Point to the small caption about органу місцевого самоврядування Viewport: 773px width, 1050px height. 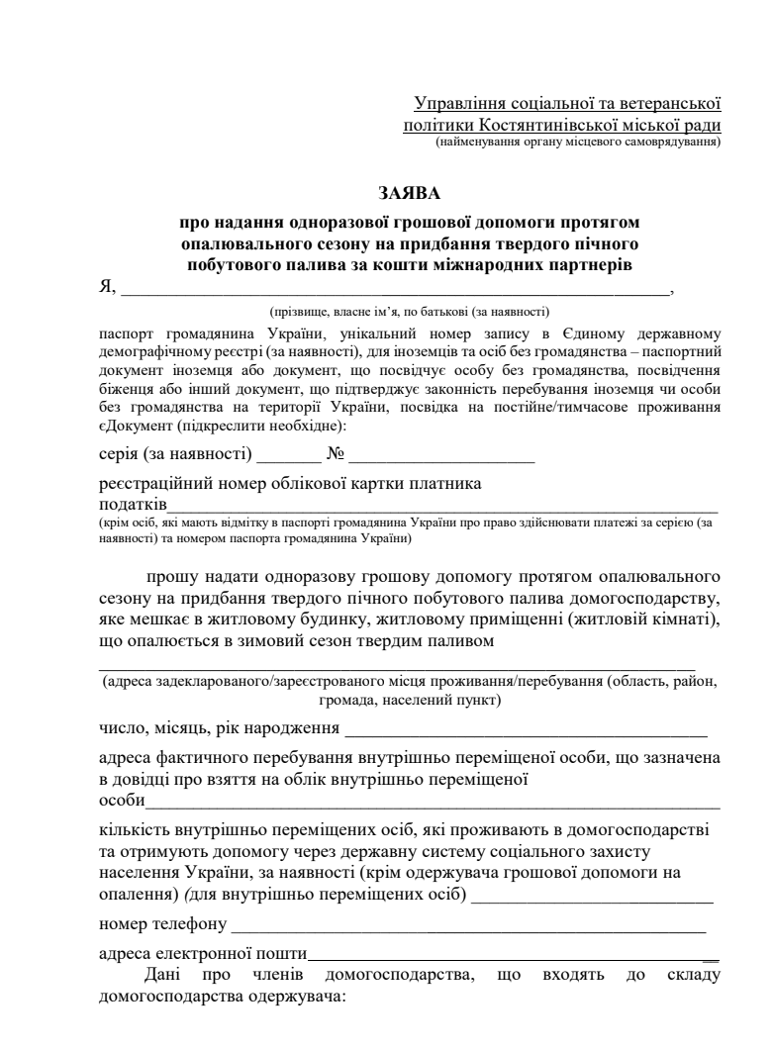pyautogui.click(x=577, y=143)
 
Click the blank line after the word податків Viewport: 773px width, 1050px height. pyautogui.click(x=435, y=507)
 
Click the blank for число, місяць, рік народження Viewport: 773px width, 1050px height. pyautogui.click(x=526, y=736)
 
